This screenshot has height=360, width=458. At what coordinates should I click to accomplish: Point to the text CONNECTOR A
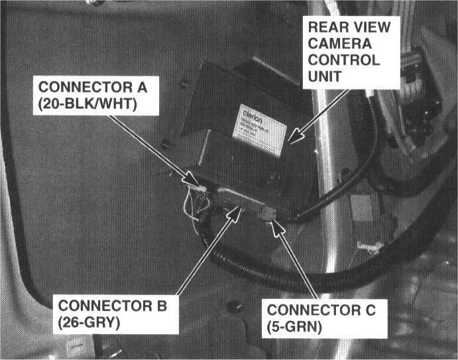[95, 88]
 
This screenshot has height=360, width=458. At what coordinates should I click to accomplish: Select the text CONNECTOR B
[114, 306]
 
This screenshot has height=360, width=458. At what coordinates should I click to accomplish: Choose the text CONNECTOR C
[321, 310]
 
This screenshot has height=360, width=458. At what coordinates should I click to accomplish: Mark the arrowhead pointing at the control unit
[294, 139]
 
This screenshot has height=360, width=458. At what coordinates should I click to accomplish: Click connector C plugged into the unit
[266, 213]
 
